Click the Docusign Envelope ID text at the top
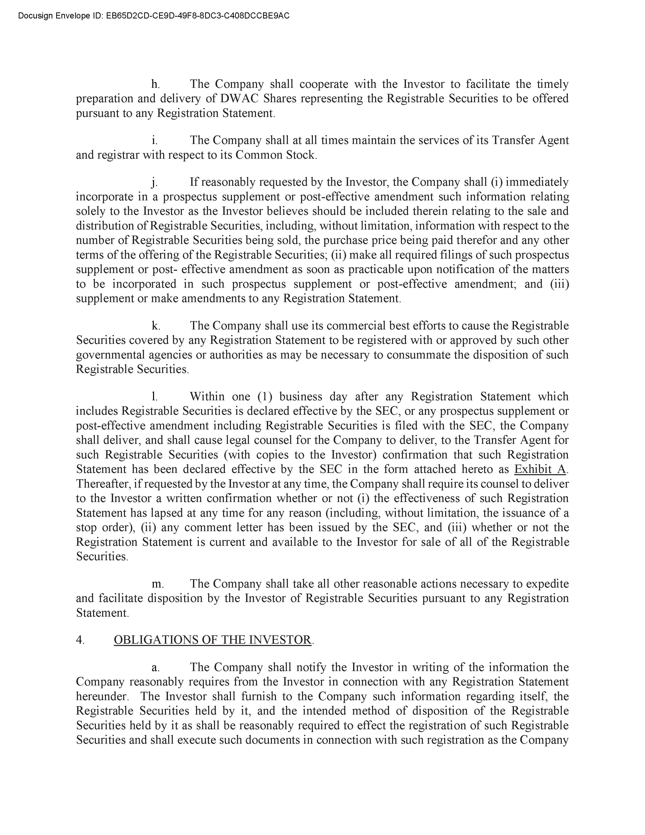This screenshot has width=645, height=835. [154, 16]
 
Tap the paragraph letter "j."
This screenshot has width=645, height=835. [154, 182]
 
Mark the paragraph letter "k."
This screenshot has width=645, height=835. [156, 326]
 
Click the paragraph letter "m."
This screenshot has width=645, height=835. [157, 584]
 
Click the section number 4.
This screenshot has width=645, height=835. [80, 640]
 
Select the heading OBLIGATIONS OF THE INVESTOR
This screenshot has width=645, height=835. [212, 640]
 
